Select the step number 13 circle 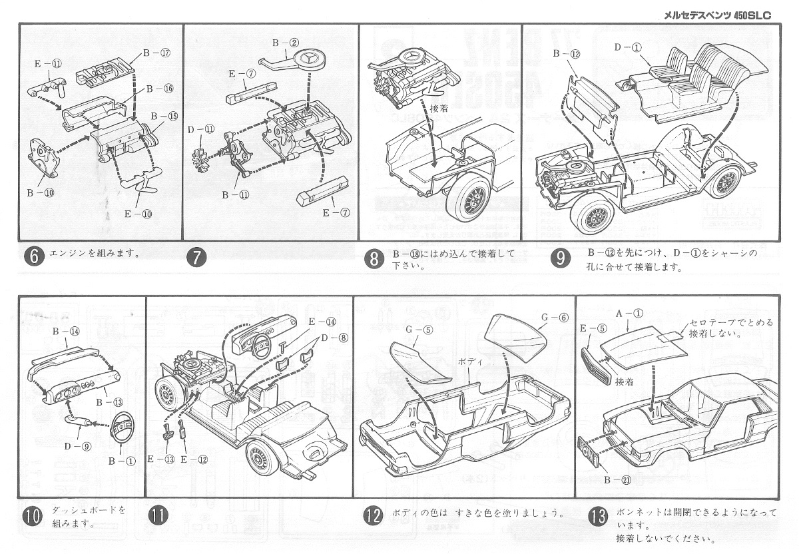pyautogui.click(x=599, y=517)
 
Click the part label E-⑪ pyautogui.click(x=48, y=64)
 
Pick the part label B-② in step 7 pyautogui.click(x=284, y=43)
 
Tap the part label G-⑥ pyautogui.click(x=553, y=318)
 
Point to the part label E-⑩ pyautogui.click(x=138, y=214)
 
